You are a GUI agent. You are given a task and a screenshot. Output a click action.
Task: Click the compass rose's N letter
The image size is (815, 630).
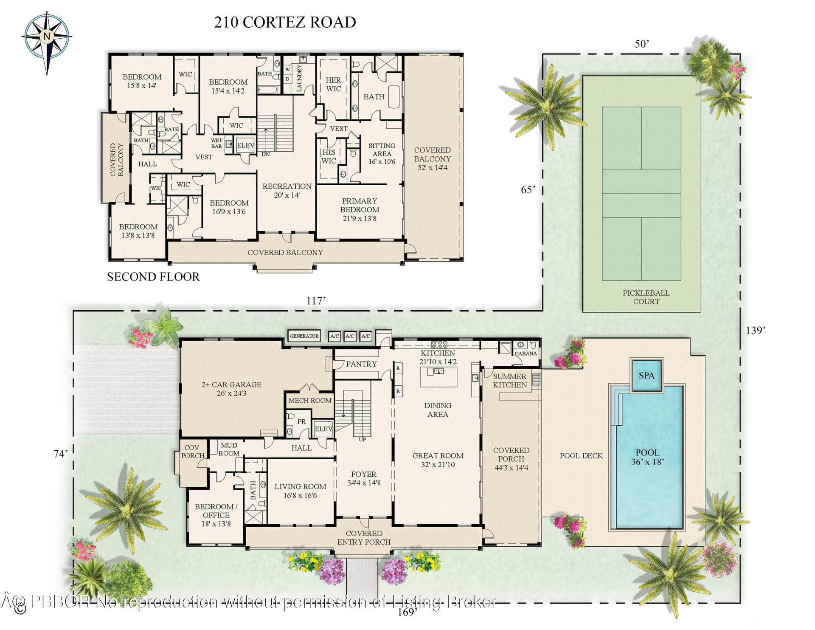[47, 36]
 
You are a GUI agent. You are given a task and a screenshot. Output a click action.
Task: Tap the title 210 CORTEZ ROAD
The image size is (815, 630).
[285, 22]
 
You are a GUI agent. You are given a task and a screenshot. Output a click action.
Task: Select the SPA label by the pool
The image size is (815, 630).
[646, 376]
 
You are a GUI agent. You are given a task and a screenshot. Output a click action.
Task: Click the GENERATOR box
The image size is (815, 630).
[304, 336]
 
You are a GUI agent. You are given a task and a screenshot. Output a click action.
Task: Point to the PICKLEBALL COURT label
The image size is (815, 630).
[646, 297]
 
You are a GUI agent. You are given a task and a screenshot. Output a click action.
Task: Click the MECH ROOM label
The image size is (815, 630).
[310, 401]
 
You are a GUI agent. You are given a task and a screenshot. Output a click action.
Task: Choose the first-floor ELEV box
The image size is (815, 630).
[323, 429]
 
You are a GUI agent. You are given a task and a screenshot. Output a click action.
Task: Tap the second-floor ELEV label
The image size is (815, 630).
[245, 145]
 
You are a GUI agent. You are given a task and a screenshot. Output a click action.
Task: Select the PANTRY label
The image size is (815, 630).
[361, 364]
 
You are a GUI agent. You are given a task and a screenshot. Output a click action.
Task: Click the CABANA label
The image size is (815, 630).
[526, 353]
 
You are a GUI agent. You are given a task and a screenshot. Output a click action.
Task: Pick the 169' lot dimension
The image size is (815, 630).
[407, 612]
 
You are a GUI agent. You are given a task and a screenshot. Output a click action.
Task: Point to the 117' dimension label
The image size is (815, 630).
[316, 301]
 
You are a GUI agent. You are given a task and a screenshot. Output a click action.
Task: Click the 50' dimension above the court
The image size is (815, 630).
[642, 44]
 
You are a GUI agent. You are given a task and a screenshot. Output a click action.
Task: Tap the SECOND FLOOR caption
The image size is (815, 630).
[153, 277]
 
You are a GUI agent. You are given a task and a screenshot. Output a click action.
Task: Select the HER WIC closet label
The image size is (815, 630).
[333, 85]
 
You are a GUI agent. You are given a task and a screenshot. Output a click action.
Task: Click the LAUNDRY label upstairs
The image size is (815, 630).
[299, 78]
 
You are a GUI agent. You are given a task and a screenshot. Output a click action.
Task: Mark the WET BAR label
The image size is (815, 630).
[216, 143]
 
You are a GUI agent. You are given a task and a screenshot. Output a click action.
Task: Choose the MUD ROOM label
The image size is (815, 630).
[229, 449]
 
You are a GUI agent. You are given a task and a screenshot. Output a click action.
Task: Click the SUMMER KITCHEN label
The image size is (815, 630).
[510, 381]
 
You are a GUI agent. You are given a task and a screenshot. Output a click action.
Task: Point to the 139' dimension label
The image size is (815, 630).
[756, 330]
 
